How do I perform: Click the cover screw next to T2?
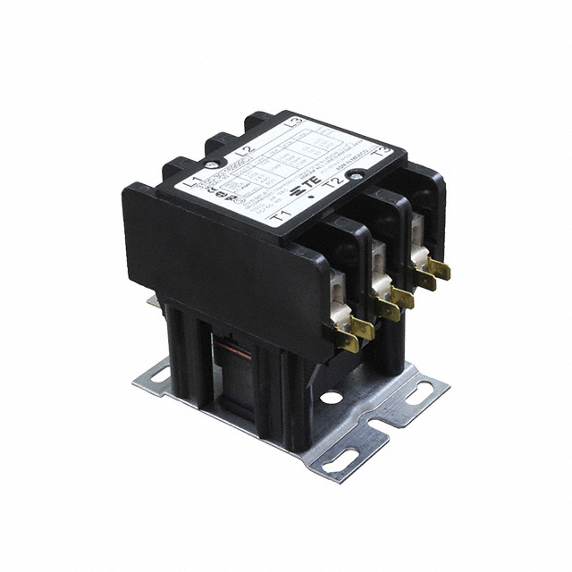coord(358,177)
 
